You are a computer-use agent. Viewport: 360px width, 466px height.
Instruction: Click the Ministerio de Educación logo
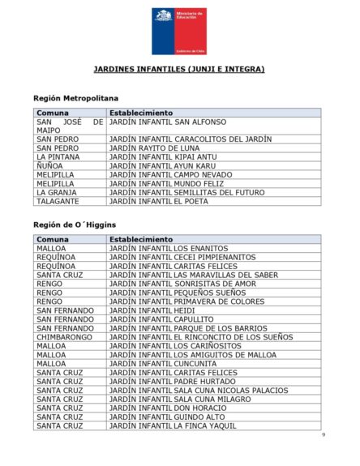pos(178,31)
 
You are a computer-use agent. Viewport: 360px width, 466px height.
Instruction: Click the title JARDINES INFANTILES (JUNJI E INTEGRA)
pos(179,70)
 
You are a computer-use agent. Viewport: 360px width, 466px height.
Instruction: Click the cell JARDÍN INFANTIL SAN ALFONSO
pos(168,122)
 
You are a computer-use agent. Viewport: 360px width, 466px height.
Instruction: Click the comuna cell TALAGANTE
pos(58,201)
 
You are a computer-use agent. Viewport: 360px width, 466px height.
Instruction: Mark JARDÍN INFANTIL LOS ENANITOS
pos(169,249)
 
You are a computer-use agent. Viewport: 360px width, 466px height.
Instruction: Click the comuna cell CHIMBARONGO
pos(65,337)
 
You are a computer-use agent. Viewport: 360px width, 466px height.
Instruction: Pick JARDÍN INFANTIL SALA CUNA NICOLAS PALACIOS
pos(199,391)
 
